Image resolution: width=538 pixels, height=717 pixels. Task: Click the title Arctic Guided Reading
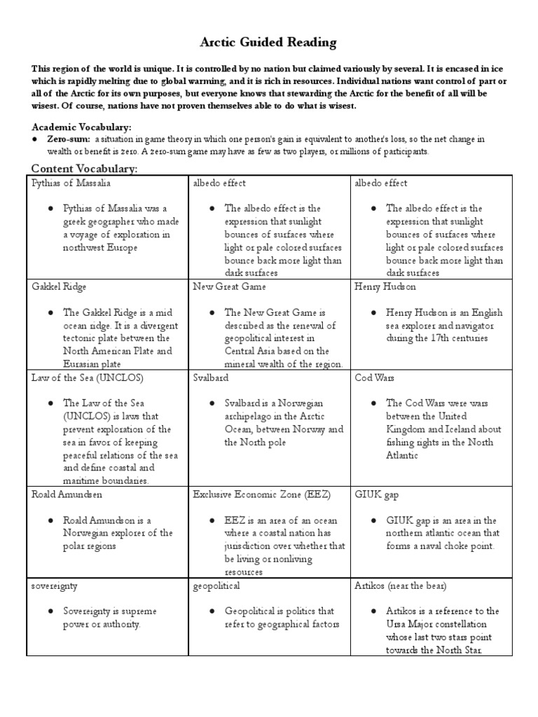268,43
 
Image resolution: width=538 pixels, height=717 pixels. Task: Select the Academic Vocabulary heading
81,127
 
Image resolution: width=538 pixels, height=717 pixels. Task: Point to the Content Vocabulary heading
84,169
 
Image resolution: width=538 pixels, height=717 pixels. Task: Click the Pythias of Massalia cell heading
71,183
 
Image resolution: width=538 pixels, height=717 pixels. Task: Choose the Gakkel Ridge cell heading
60,287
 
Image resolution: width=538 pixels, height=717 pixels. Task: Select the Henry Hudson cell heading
386,287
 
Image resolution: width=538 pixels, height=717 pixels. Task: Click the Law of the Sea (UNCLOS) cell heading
78,377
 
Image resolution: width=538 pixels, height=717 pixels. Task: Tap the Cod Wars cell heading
375,377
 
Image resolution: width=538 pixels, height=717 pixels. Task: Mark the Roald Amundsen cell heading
67,494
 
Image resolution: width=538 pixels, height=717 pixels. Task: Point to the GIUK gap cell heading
378,494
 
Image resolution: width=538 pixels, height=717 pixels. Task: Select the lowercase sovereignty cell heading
55,585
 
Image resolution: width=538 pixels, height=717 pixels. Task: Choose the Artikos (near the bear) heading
401,585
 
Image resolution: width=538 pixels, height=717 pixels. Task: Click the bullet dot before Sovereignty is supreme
50,611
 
